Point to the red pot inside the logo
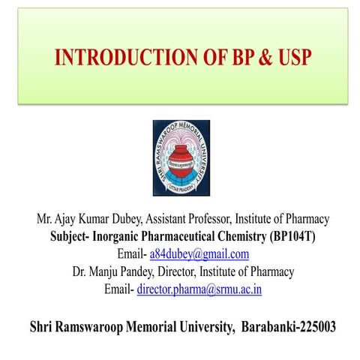pyautogui.click(x=181, y=154)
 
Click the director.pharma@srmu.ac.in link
pyautogui.click(x=199, y=289)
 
